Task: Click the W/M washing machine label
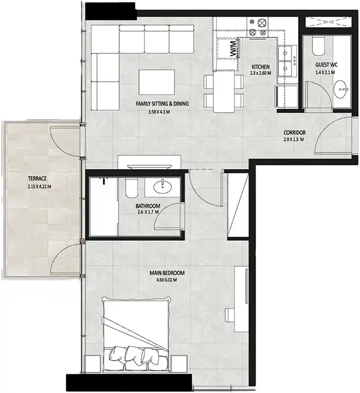(x=233, y=49)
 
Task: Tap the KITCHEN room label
(x=261, y=67)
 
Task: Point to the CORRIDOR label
(x=295, y=132)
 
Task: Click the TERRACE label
(x=37, y=178)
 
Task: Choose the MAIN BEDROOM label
(x=167, y=273)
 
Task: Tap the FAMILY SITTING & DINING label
(x=162, y=103)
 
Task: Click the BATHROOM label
(x=148, y=206)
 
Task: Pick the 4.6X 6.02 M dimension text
(x=166, y=280)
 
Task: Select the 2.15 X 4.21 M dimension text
(x=40, y=186)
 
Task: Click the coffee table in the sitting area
(x=157, y=82)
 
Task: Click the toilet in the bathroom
(x=131, y=187)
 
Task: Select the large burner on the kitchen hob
(x=262, y=23)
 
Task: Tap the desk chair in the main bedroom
(x=230, y=315)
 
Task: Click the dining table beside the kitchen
(x=224, y=91)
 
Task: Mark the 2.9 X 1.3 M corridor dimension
(x=294, y=139)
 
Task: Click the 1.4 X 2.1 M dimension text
(x=325, y=73)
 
